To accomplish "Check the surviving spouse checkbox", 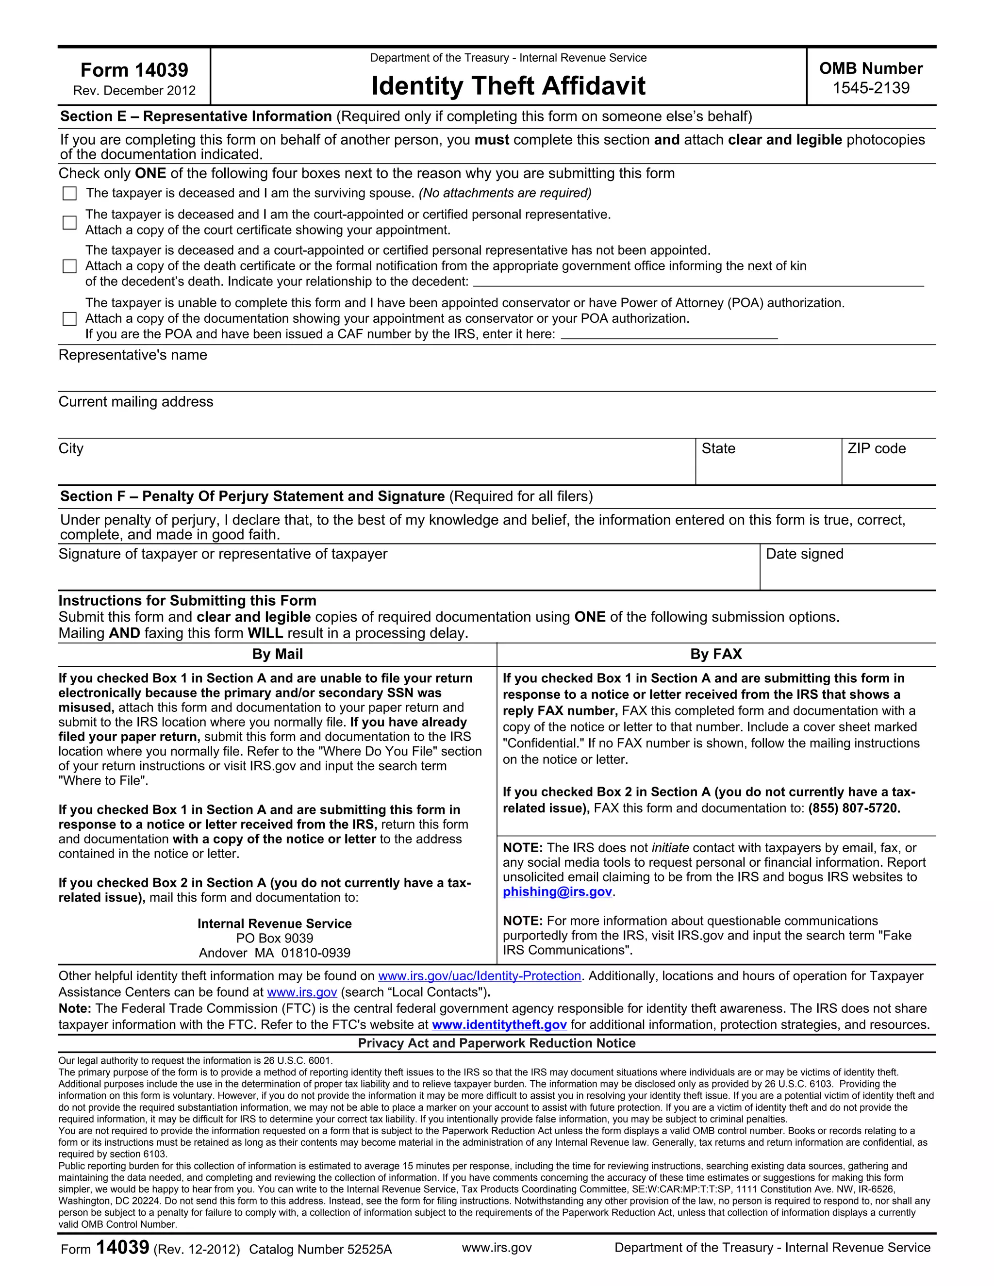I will (x=69, y=193).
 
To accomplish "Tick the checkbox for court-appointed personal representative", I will (x=69, y=223).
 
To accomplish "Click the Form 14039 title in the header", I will (x=134, y=70).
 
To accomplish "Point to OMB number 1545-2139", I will (x=870, y=88).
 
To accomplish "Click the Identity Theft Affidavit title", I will (x=508, y=86).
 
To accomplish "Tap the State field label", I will (x=718, y=449).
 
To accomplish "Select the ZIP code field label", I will (x=876, y=449).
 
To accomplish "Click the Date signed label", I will (x=804, y=554).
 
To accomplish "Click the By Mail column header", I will (x=277, y=654).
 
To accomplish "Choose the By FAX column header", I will (x=716, y=654).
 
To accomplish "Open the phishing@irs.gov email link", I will (x=557, y=891).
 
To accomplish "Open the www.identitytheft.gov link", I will (x=499, y=1024).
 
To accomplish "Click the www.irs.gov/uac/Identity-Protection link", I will (x=480, y=976).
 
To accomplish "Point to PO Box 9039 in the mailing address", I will (x=274, y=939).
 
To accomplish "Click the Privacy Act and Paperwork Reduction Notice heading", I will (x=497, y=1043).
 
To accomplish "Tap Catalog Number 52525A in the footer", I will (x=320, y=1250).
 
